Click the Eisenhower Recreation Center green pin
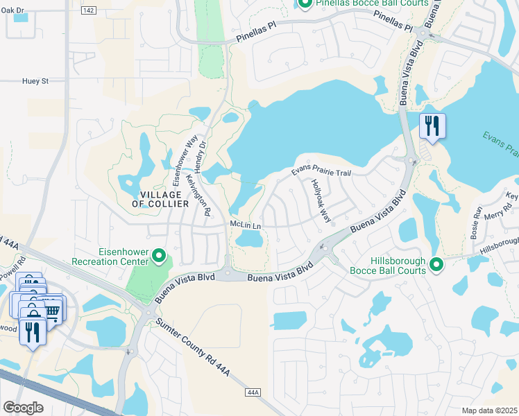coord(159,257)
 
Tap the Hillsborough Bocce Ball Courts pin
coord(436,263)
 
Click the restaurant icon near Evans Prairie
coord(432,126)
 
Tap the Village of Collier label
coord(160,198)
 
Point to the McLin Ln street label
coord(245,225)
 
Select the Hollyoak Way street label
coord(321,201)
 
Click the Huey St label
coord(35,81)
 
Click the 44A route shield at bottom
coord(253,393)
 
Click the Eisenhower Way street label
coord(184,160)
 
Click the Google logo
coord(22,407)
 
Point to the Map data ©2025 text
coord(488,410)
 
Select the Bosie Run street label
coord(477,221)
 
